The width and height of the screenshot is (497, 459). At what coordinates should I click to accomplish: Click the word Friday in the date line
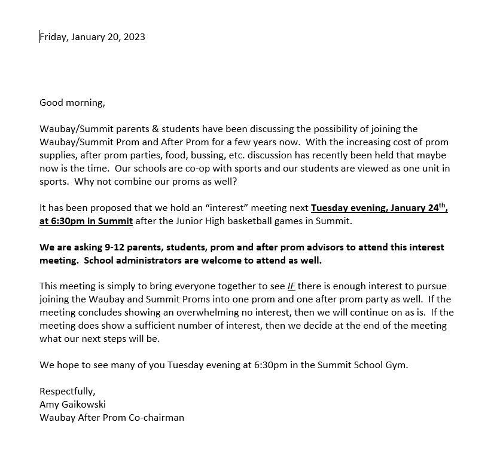coord(53,37)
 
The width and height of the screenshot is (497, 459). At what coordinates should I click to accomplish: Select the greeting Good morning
coord(72,103)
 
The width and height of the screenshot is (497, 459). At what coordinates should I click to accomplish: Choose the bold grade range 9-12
coord(108,247)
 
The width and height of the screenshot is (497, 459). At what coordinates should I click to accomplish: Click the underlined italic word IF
coord(291,287)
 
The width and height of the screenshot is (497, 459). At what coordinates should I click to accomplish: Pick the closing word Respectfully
coord(67,391)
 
